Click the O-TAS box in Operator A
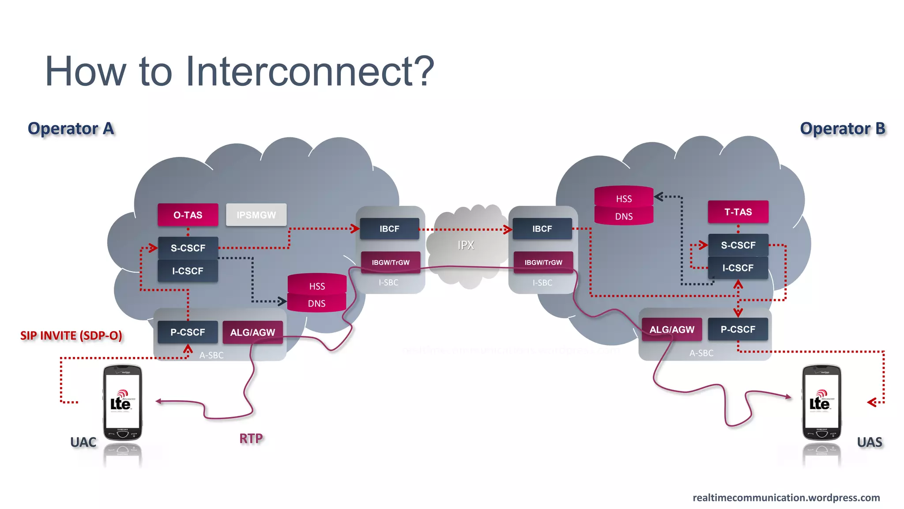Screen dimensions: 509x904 pos(188,215)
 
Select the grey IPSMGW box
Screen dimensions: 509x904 pos(256,215)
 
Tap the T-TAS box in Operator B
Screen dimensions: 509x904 pos(738,212)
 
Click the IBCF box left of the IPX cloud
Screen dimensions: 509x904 pos(389,228)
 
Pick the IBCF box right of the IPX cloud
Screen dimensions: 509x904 pos(542,228)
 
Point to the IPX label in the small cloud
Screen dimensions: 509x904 pos(466,245)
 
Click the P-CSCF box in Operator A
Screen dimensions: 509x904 pos(188,332)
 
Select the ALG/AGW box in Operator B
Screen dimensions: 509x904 pos(671,330)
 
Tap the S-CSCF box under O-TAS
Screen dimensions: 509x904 pos(188,248)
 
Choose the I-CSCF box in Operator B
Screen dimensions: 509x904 pos(738,268)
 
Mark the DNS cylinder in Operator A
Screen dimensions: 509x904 pos(316,304)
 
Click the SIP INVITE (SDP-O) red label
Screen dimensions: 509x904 pos(71,335)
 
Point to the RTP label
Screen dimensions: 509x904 pos(251,438)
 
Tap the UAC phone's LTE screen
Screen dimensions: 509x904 pos(122,400)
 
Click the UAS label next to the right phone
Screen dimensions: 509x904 pos(869,442)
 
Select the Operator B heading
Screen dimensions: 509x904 pos(842,129)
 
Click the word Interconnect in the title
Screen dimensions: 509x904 pos(309,72)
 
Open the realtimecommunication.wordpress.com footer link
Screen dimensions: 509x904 pos(786,498)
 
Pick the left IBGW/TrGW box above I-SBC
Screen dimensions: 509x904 pos(390,262)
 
